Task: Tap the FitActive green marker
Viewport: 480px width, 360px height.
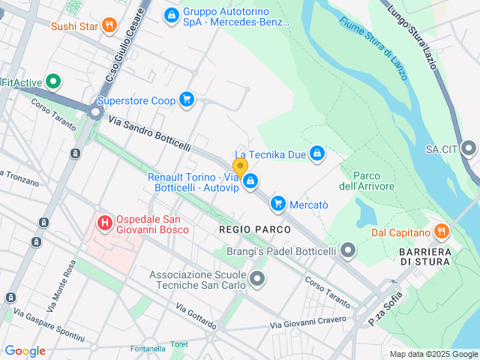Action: pos(53,82)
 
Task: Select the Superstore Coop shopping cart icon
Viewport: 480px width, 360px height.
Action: pos(186,100)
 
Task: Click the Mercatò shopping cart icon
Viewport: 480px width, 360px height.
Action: pos(278,202)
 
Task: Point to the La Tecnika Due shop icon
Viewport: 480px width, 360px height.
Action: pos(317,154)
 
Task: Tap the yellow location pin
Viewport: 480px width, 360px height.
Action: pos(240,167)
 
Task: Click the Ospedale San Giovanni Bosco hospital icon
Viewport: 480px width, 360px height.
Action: pos(105,223)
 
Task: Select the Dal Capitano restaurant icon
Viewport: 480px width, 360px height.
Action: pos(440,232)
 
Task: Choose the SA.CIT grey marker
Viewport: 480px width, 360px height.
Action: pos(469,148)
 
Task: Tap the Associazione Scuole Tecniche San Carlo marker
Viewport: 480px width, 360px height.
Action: pos(257,280)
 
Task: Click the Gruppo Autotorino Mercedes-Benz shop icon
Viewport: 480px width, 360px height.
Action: pos(172,14)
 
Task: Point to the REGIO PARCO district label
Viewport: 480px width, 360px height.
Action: pos(247,228)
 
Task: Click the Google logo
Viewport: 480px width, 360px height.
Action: pos(25,350)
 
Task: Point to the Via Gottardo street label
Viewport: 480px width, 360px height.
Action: pos(196,317)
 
